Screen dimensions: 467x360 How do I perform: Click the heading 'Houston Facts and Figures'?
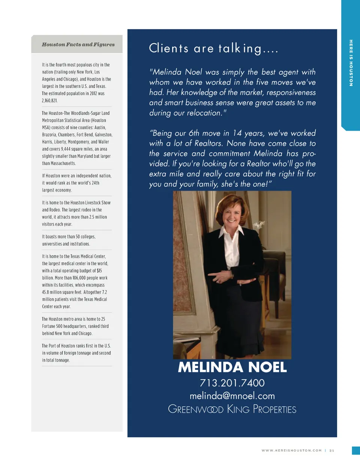coord(78,44)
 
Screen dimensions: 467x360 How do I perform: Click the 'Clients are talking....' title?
coord(213,48)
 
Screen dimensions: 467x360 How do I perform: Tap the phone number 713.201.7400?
coord(232,383)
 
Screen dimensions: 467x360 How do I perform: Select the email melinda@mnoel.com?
coord(232,396)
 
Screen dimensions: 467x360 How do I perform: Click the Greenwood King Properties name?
coord(232,409)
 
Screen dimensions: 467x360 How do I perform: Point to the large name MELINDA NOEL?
coord(232,367)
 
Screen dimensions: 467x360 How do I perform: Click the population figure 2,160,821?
coord(49,101)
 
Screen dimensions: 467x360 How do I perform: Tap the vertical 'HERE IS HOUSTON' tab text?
coord(351,63)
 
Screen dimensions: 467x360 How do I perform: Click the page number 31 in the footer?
coord(332,450)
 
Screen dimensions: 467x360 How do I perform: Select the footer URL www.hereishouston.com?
coord(291,450)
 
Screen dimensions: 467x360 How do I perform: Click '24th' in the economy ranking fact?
coord(95,183)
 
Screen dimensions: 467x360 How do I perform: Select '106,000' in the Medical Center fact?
coord(81,278)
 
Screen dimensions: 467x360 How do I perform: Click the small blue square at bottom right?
coord(356,450)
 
